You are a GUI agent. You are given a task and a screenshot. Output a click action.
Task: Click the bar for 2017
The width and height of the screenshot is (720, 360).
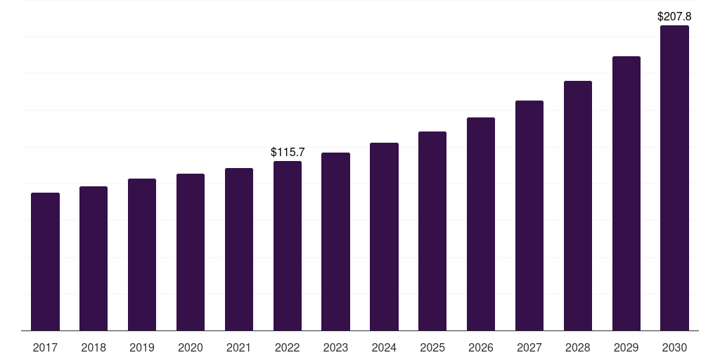(46, 262)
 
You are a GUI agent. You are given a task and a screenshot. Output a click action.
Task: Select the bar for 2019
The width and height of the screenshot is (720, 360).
(142, 255)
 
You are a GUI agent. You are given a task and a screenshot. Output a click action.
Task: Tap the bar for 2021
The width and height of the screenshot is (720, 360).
(239, 250)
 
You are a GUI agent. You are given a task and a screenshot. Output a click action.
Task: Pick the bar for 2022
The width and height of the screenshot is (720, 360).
(288, 246)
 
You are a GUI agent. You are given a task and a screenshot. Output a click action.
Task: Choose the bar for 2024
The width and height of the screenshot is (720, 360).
(385, 237)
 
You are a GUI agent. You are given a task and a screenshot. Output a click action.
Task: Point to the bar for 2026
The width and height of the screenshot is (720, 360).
(481, 224)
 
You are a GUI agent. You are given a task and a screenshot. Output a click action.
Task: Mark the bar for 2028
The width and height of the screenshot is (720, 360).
(578, 206)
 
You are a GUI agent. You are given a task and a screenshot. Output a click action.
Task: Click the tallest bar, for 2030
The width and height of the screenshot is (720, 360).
(674, 178)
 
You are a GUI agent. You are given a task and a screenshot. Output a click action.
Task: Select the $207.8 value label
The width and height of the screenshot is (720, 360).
(674, 15)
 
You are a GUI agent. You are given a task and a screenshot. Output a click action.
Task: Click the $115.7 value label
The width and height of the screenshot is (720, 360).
(288, 152)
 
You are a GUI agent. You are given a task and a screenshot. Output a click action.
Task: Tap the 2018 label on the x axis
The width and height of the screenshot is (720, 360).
(94, 347)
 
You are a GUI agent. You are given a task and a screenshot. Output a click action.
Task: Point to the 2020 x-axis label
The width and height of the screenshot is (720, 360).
(191, 347)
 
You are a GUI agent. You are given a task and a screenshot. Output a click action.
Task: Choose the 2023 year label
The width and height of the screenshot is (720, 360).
(335, 347)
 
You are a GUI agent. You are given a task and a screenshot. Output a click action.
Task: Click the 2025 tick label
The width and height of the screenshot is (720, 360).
(432, 347)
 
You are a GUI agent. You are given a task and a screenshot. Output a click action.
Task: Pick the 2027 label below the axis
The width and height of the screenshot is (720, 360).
(529, 347)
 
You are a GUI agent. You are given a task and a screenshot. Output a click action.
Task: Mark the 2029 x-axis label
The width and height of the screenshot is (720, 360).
(626, 347)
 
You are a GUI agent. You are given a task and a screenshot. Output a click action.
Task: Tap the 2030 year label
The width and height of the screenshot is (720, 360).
(674, 347)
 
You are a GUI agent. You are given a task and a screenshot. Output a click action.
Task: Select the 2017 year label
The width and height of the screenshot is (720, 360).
(46, 347)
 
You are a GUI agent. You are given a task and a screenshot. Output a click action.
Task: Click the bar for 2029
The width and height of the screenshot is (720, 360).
(626, 193)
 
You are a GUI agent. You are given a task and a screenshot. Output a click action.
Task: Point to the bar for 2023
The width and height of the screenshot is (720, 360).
(336, 242)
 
